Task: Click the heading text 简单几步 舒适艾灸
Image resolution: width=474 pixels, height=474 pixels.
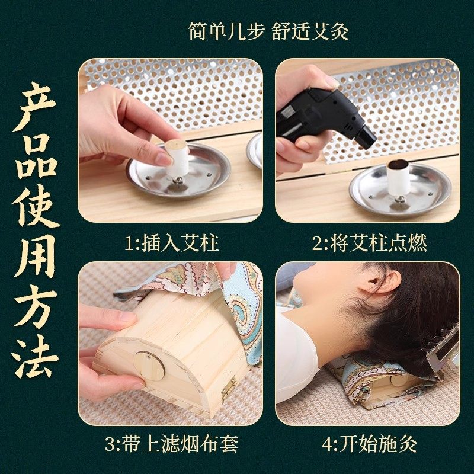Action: tap(268, 31)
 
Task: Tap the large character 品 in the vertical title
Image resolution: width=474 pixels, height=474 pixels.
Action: tap(37, 159)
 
